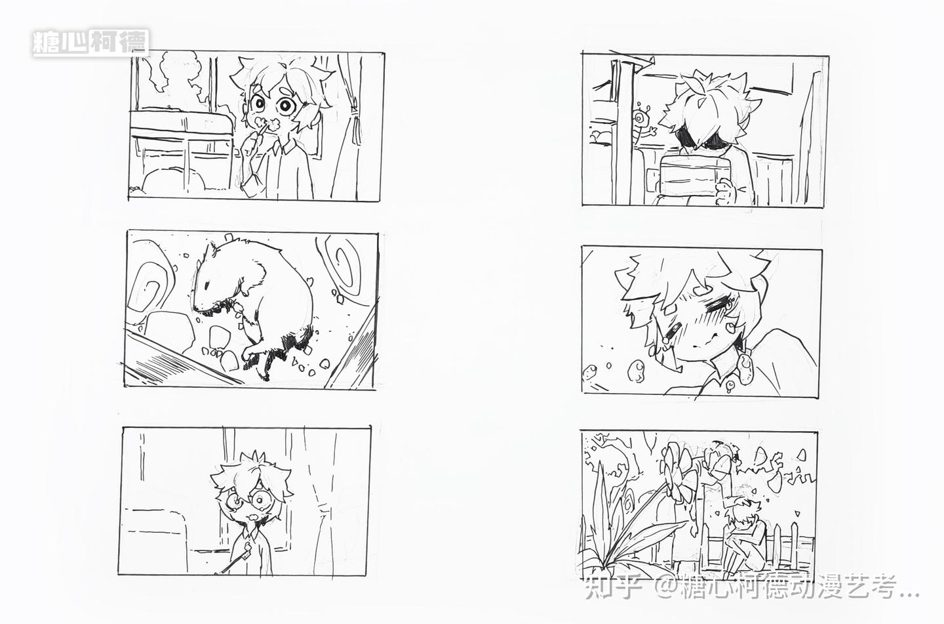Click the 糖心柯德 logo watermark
[x=90, y=42]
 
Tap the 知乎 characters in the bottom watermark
[x=614, y=587]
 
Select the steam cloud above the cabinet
[x=177, y=78]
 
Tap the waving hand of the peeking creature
[x=653, y=131]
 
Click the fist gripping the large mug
[x=726, y=192]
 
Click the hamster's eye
[x=206, y=285]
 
